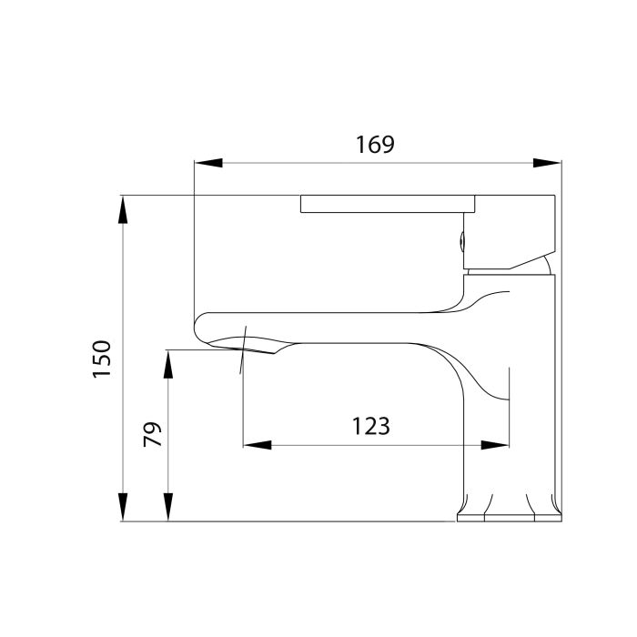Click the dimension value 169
pos(375,144)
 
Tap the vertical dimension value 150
pos(101,359)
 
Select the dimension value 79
pos(153,434)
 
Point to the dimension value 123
pos(370,425)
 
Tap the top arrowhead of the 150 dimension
pos(122,210)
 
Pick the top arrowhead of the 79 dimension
pos(167,362)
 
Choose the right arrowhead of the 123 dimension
pos(495,445)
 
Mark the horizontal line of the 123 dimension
pos(373,445)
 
